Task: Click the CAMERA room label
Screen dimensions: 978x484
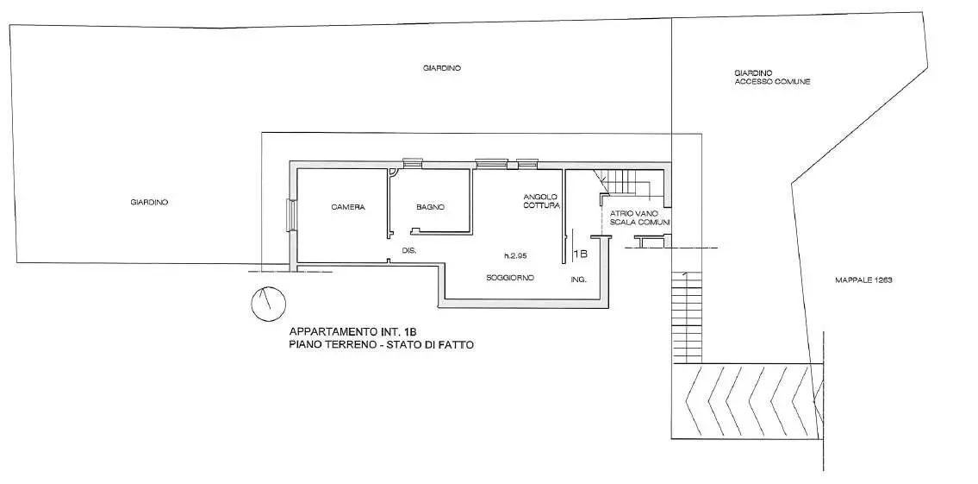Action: pos(348,207)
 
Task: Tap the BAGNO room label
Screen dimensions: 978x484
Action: pos(430,207)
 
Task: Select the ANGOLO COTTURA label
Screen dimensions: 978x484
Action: pos(541,200)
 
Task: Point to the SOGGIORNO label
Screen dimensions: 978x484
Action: pos(510,278)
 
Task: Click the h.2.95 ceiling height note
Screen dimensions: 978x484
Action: pos(516,255)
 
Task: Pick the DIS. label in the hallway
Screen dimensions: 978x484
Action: pos(409,250)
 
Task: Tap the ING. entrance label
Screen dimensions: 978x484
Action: pos(578,280)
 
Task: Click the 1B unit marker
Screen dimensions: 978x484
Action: pos(580,255)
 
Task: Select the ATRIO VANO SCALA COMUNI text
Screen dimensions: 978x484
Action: pos(639,217)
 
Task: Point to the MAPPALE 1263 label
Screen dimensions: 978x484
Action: pos(864,280)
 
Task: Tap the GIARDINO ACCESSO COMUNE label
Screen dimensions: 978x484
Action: pos(772,78)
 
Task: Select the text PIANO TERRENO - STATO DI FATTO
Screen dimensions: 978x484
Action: pos(381,344)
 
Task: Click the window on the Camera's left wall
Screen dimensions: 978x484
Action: pos(290,216)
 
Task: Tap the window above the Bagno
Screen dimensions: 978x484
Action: pos(412,164)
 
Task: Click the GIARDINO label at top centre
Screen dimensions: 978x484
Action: pos(441,68)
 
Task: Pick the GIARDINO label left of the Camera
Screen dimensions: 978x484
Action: pos(149,203)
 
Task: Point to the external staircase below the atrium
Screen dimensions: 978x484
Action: pos(687,317)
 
